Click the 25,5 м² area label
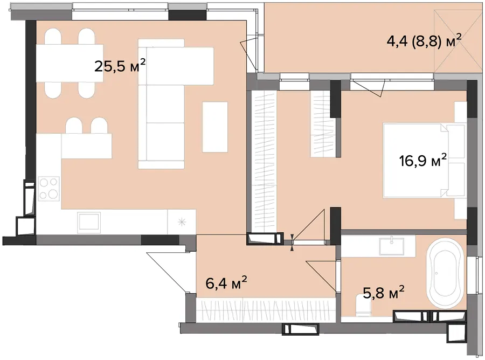(120, 66)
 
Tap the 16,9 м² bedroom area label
(423, 160)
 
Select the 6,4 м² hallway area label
(226, 283)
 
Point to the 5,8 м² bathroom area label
(384, 292)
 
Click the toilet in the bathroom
(363, 305)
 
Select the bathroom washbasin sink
(392, 246)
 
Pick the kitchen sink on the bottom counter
(89, 223)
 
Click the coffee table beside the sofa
(215, 127)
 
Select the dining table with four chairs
(70, 63)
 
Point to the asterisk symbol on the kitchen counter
(182, 221)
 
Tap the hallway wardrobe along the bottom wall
(266, 309)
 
